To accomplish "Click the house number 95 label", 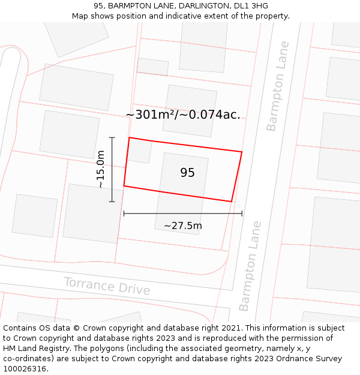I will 187,173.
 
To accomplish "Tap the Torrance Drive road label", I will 107,286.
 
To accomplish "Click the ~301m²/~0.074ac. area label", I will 183,115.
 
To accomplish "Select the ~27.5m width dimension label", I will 182,226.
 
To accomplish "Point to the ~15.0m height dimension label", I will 100,169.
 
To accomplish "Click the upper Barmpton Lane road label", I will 278,86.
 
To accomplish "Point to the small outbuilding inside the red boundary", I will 140,151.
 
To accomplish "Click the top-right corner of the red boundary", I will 242,152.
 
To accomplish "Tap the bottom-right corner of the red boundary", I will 232,202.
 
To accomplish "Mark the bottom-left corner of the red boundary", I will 124,186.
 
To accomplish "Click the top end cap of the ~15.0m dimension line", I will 112,137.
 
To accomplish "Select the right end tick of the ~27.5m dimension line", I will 242,213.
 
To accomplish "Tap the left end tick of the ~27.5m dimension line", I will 124,213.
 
